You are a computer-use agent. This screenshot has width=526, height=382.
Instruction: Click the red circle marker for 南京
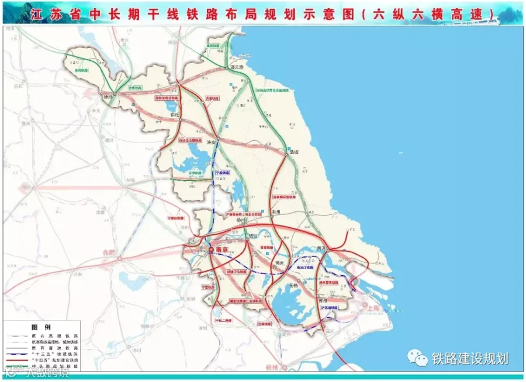tap(211, 250)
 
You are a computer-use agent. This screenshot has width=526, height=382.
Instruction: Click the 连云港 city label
tap(237, 67)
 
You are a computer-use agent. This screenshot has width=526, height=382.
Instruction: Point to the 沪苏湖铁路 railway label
tap(328, 307)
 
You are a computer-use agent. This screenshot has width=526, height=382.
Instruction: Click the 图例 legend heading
tap(44, 326)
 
